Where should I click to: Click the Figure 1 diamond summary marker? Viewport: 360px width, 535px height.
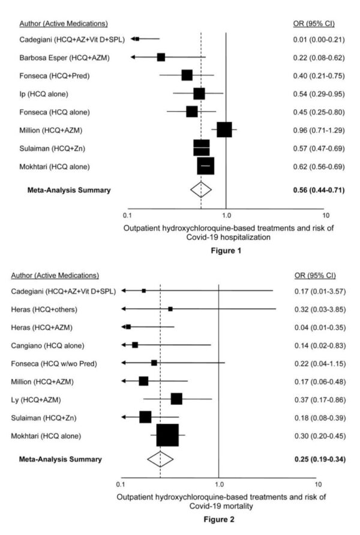coord(202,190)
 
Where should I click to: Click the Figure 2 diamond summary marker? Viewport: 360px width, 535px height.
coord(160,459)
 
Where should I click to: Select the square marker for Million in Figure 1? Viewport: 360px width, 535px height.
coord(224,129)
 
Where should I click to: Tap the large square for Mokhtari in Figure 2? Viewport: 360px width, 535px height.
coord(168,435)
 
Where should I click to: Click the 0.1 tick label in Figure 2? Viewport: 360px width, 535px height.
coord(121,483)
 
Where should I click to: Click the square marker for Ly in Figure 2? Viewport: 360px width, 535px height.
coord(176,399)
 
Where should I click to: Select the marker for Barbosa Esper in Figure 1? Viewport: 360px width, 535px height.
coord(161,57)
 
